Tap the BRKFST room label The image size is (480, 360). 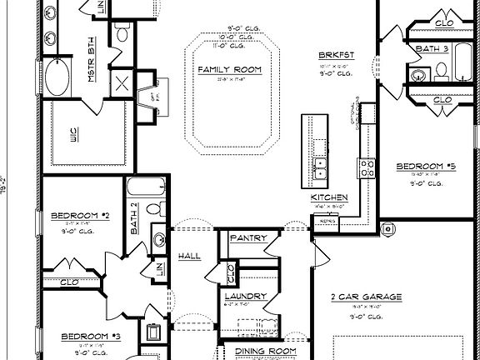(x=336, y=55)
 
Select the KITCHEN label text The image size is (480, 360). (x=328, y=197)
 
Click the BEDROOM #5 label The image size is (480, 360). (x=426, y=166)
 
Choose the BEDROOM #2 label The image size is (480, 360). (x=80, y=216)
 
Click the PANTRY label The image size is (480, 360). (x=247, y=238)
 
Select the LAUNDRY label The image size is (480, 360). (x=245, y=296)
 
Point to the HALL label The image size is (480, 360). (x=189, y=257)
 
